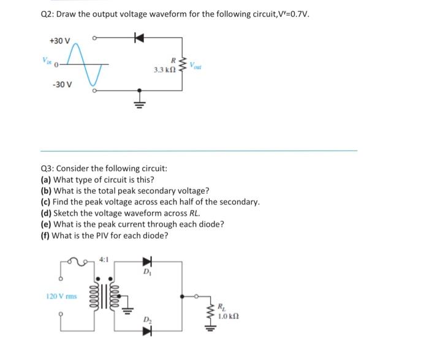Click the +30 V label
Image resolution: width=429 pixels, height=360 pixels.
pos(60,40)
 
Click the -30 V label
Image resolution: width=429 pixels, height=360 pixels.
pos(61,85)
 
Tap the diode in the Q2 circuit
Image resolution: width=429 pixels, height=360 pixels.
pos(139,37)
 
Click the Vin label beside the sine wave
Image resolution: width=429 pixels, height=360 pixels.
pos(47,61)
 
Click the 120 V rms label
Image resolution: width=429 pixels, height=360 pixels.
pos(61,296)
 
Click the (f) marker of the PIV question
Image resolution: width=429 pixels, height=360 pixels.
pos(44,235)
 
